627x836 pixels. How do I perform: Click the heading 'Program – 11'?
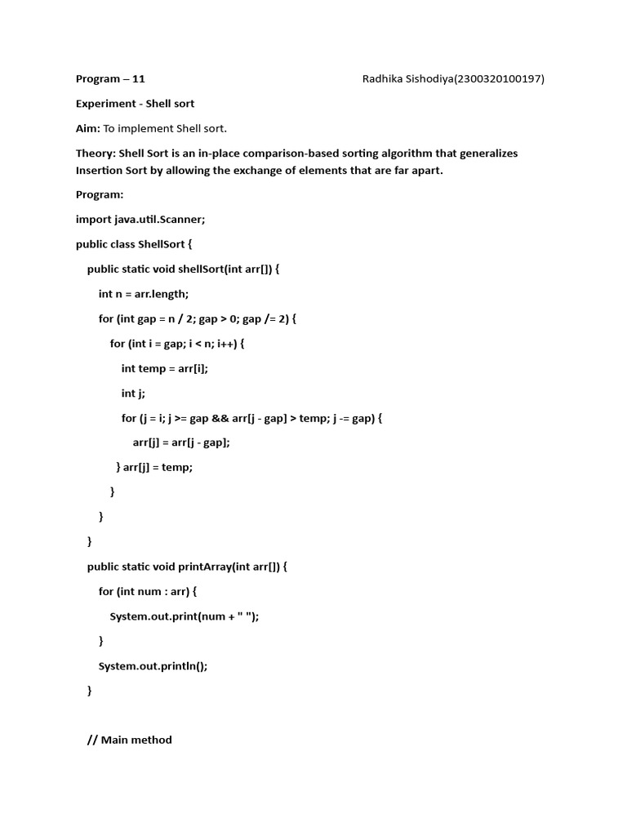coord(110,79)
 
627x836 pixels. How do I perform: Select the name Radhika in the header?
coord(385,79)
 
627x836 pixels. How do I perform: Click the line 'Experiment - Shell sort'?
coord(135,104)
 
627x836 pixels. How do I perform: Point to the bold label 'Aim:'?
coord(88,128)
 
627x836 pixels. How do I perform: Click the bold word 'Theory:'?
coord(96,153)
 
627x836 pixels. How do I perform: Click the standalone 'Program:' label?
coord(100,194)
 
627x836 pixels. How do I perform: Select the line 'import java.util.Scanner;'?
coord(146,219)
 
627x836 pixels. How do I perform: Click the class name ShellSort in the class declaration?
coord(165,244)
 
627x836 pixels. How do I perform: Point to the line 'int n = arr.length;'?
coord(143,294)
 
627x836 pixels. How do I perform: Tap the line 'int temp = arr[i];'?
coord(165,368)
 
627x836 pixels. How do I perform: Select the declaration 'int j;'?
coord(133,394)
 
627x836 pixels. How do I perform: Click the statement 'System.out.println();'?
coord(153,665)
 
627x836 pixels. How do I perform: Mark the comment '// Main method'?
coord(130,740)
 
